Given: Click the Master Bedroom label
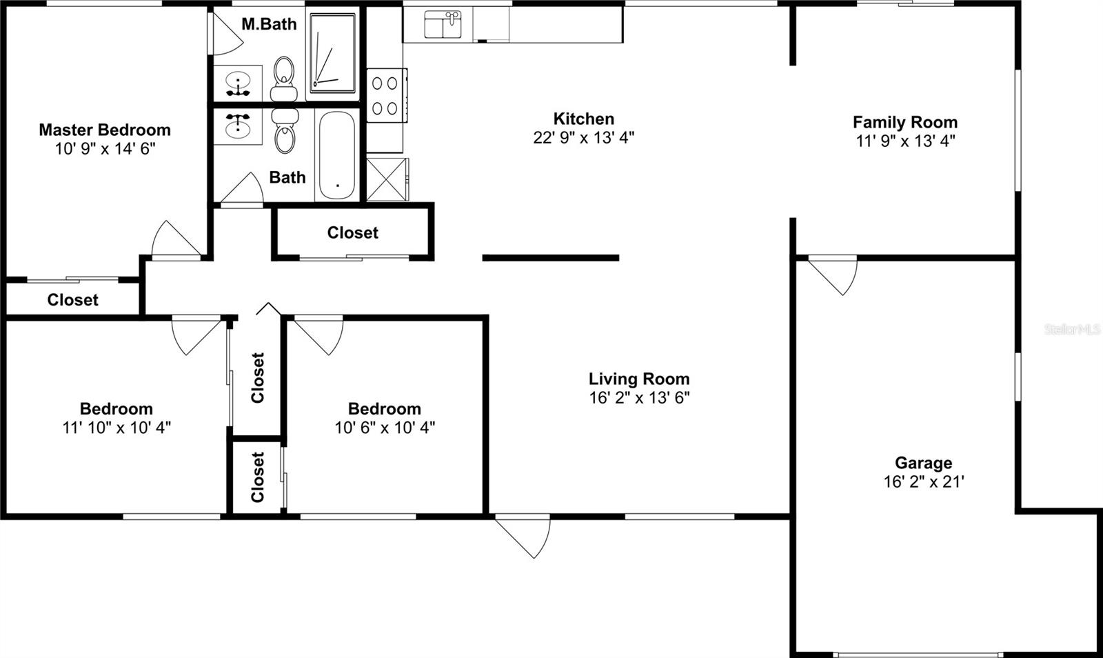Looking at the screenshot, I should point(105,130).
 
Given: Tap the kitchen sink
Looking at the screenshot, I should point(443,26).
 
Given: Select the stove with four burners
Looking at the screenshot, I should point(385,95).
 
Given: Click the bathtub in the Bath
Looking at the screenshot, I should point(336,156).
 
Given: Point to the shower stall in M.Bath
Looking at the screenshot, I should point(332,52).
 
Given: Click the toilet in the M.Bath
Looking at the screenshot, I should point(283,77).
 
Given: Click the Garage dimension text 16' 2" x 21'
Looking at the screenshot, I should point(923,481).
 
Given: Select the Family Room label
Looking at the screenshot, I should point(904,122).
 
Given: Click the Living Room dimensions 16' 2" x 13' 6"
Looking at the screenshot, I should point(639,397).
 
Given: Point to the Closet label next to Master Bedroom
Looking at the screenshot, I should point(72,300).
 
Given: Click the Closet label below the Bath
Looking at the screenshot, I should point(352,233).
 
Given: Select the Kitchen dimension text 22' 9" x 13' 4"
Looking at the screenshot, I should point(583,137).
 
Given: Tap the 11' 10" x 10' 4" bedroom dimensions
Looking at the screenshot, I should point(117,428).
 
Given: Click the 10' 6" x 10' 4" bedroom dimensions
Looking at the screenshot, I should point(385,428).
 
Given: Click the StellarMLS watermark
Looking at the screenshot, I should point(1072,330).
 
